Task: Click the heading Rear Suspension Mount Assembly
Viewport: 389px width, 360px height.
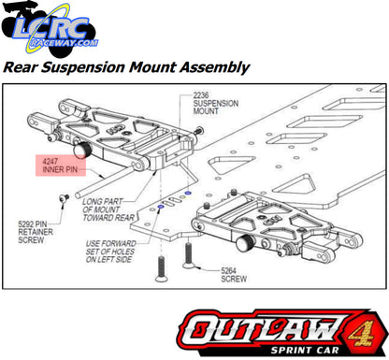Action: (x=126, y=67)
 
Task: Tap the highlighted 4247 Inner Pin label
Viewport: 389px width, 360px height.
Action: (x=62, y=165)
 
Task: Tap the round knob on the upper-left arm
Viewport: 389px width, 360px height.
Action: (x=80, y=149)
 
